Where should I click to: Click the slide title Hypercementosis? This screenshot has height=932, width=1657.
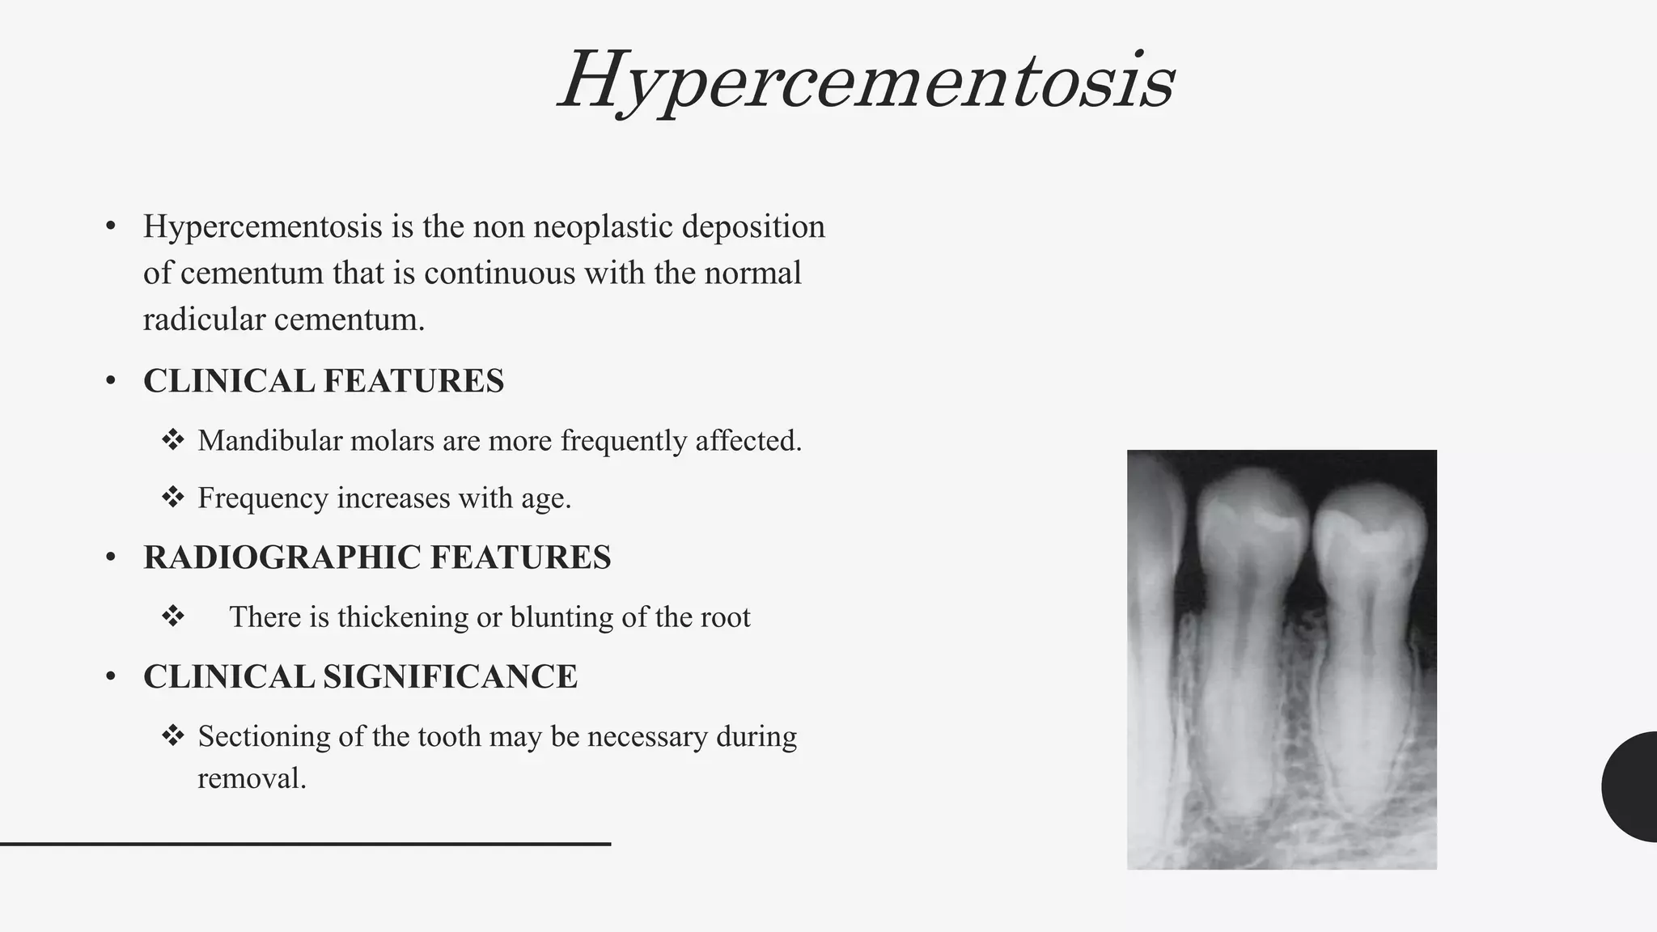866,81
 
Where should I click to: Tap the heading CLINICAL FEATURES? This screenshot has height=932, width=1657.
323,381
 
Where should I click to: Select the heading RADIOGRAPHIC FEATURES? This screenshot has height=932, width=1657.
377,557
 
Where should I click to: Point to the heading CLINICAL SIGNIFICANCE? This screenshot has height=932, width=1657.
360,677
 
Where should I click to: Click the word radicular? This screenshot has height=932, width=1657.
203,320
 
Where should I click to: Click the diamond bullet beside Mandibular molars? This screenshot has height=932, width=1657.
172,440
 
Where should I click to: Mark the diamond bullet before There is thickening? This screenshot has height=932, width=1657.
172,616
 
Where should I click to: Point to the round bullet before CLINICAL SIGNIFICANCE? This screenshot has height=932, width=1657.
111,677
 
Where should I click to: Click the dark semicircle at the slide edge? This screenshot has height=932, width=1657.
1631,786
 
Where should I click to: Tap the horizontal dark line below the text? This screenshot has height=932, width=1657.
305,844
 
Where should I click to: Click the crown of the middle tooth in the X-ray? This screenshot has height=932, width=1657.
1252,518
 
